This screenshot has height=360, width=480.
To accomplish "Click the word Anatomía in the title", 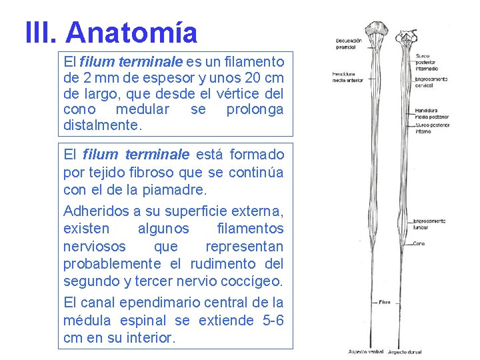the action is point(132,32).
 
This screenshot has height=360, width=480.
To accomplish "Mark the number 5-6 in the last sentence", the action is point(273,321).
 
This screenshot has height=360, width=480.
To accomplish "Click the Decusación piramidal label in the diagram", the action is point(349,44).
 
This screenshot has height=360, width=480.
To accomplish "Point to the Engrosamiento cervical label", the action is point(431,83).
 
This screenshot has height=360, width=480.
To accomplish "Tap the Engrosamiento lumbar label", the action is point(429,224).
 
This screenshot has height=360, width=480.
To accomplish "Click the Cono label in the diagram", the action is point(419,243).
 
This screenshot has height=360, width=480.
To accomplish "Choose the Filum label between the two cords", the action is point(385,302).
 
